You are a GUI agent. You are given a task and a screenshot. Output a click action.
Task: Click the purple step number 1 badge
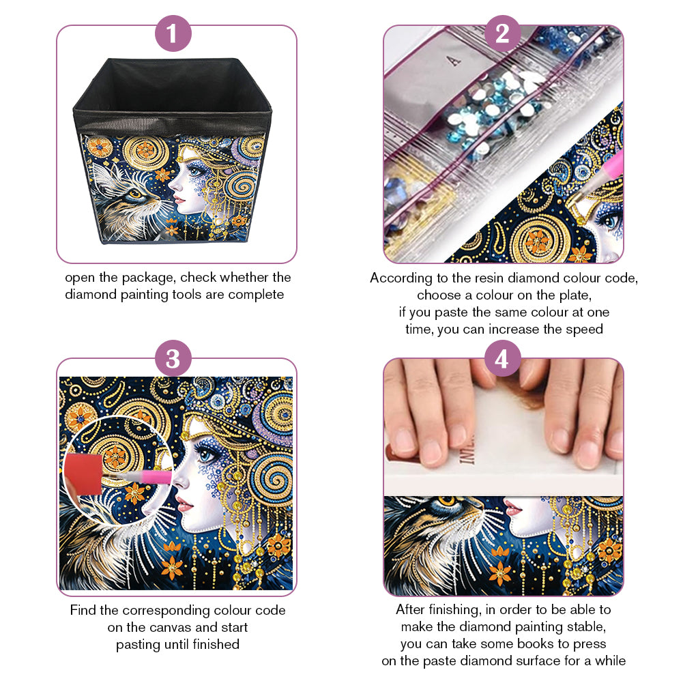tap(173, 33)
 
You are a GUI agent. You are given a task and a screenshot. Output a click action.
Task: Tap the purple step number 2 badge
tap(502, 33)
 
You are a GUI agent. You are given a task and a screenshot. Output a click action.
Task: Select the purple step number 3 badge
tap(173, 358)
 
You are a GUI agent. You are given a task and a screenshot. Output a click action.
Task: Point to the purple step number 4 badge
tap(502, 358)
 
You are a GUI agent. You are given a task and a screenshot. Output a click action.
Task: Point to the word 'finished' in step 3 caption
tap(216, 644)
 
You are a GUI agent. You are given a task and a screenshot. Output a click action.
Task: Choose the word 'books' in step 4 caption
tap(536, 644)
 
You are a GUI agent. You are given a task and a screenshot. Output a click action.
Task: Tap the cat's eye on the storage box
tap(134, 194)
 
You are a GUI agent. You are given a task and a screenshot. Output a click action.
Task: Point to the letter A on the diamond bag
tap(454, 60)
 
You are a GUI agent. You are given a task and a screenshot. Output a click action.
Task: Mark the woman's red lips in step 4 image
tap(513, 506)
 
